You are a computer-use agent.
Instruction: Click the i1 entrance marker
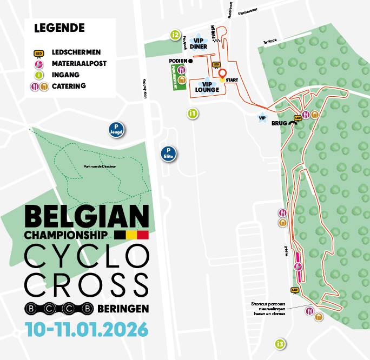192,114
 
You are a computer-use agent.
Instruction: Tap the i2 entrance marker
175,36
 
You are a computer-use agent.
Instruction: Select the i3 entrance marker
280,344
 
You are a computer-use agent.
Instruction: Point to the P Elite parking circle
169,154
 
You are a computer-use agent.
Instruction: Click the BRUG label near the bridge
279,123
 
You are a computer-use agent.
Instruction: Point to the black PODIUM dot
190,61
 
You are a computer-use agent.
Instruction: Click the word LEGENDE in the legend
59,28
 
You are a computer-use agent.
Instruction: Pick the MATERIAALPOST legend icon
39,64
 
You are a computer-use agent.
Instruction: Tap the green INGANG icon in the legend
39,75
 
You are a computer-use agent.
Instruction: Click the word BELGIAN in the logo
87,218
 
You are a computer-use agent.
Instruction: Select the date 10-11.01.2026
86,328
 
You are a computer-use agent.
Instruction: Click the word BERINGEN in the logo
124,309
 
